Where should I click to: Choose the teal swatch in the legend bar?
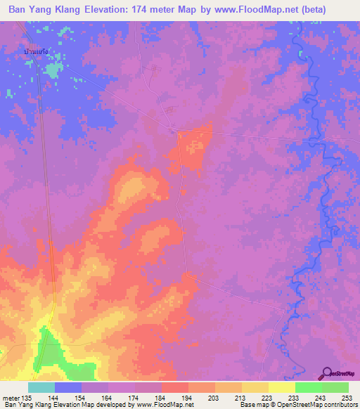coord(41,387)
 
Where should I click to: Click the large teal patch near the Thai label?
coord(52,70)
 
